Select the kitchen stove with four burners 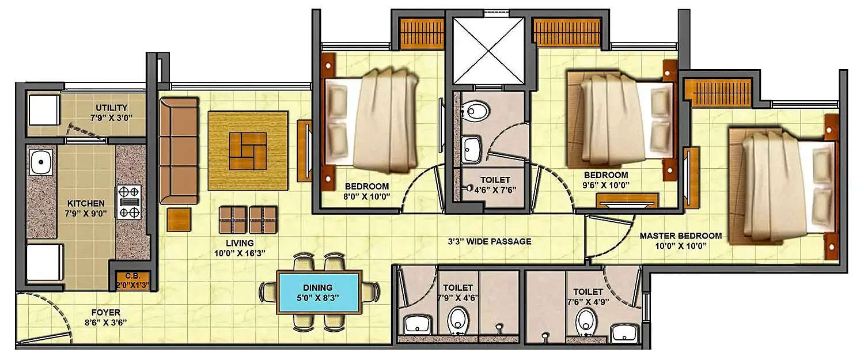coord(130,202)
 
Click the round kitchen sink coord(41,162)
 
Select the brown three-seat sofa coord(178,150)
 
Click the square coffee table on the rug coord(248,151)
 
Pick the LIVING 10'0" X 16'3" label coord(240,248)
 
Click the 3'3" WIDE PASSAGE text coord(490,241)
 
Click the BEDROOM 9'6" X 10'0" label coord(605,180)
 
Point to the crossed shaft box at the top coord(488,50)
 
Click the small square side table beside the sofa coord(179,219)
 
